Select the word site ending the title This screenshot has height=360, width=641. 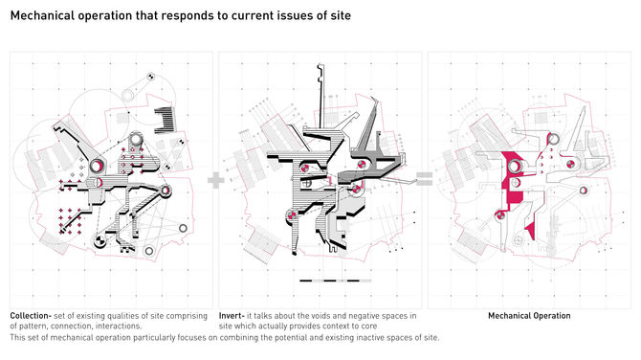340,15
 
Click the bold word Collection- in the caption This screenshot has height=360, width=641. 31,316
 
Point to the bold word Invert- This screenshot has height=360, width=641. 232,316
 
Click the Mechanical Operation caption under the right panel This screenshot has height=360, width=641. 529,316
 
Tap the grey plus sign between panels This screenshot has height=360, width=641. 216,180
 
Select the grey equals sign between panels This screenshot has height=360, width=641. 425,179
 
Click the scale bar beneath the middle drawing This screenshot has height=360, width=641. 335,281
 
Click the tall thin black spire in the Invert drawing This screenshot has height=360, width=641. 320,96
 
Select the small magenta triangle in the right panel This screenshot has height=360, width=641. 531,232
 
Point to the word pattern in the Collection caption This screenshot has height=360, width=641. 32,326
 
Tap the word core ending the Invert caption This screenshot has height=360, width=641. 368,326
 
